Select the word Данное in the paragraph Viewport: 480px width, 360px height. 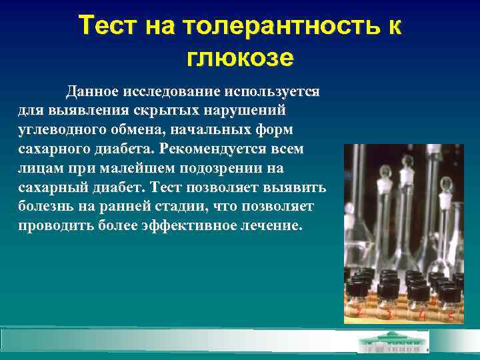[91, 91]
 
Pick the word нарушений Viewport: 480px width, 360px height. [247, 110]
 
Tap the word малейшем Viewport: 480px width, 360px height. [123, 167]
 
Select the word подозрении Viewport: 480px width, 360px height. [205, 167]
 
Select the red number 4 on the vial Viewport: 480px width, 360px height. [422, 314]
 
